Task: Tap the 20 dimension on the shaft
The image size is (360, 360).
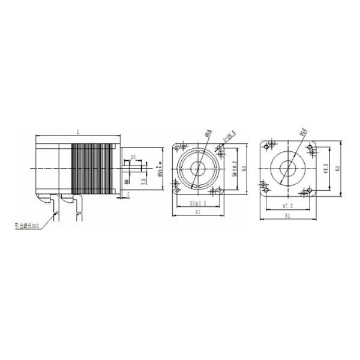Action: click(x=133, y=157)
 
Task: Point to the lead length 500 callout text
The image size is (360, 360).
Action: click(x=27, y=226)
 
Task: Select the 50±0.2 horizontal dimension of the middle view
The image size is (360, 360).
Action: click(x=198, y=203)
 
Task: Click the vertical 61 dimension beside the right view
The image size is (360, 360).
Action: click(x=337, y=169)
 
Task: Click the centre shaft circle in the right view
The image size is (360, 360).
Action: click(x=287, y=169)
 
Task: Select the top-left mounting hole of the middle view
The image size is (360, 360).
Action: click(x=180, y=147)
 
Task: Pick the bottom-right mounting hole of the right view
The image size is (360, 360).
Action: click(x=309, y=191)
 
